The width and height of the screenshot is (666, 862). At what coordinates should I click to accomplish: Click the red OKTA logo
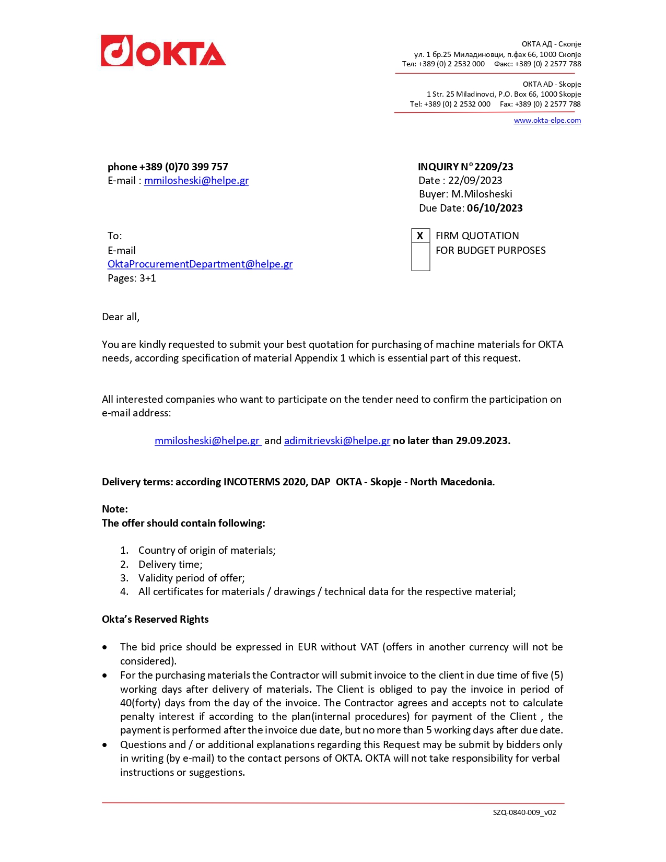pyautogui.click(x=163, y=51)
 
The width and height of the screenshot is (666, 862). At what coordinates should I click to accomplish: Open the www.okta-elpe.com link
pyautogui.click(x=547, y=121)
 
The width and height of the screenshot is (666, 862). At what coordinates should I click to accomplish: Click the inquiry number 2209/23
pyautogui.click(x=494, y=167)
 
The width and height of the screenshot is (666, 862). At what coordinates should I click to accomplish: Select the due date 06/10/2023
pyautogui.click(x=495, y=208)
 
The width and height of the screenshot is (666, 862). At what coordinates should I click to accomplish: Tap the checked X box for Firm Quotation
pyautogui.click(x=420, y=236)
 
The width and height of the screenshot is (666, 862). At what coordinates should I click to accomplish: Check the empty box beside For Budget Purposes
pyautogui.click(x=420, y=257)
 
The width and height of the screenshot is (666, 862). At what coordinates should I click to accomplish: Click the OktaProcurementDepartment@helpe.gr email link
pyautogui.click(x=200, y=264)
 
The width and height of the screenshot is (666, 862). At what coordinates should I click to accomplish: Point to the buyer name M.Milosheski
pyautogui.click(x=482, y=194)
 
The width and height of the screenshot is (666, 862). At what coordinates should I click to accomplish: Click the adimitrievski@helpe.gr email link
pyautogui.click(x=337, y=441)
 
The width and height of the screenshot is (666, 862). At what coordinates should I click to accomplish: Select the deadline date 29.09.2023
pyautogui.click(x=483, y=441)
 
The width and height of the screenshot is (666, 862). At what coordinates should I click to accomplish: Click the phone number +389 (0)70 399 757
pyautogui.click(x=183, y=167)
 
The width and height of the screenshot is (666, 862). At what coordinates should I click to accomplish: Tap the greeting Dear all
pyautogui.click(x=121, y=317)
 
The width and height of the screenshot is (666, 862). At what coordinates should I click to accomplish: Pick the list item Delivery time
pyautogui.click(x=170, y=565)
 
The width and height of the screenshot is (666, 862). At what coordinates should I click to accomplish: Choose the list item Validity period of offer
pyautogui.click(x=191, y=578)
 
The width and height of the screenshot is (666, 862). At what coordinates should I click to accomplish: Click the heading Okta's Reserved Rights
pyautogui.click(x=155, y=620)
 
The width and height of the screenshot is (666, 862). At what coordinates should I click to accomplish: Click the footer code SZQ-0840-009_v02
pyautogui.click(x=524, y=813)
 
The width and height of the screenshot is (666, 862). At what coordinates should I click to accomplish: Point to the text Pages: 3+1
pyautogui.click(x=132, y=278)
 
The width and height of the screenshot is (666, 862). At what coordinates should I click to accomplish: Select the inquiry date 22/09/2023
pyautogui.click(x=475, y=181)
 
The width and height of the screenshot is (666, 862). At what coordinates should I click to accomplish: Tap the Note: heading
pyautogui.click(x=115, y=509)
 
